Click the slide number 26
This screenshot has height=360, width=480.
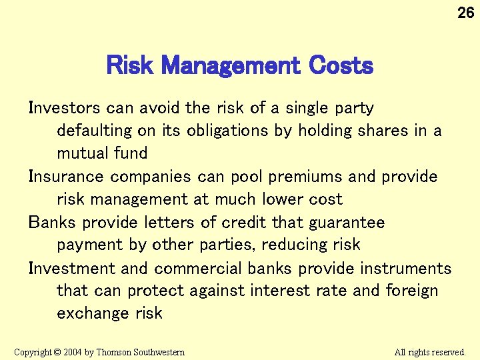coord(465,12)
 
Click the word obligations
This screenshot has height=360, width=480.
coord(225,131)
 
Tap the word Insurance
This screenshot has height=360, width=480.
coord(67,177)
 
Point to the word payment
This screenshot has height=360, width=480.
coord(92,245)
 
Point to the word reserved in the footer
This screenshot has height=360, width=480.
coord(447,351)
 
